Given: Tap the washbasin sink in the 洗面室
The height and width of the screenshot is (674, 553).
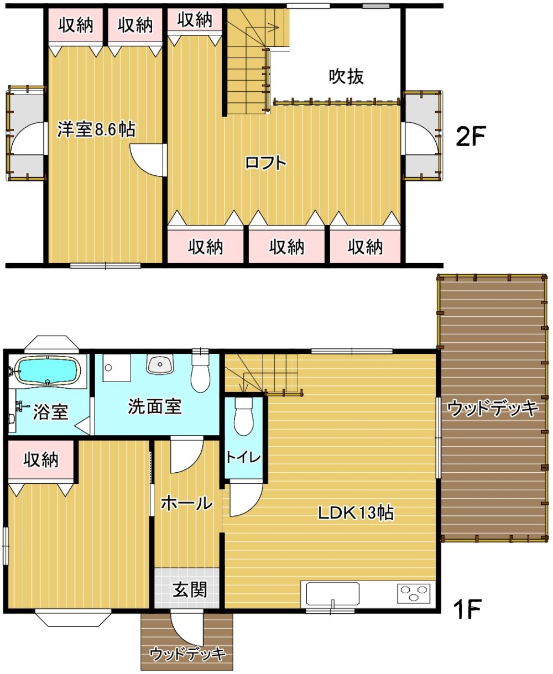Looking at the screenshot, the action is tap(160, 364).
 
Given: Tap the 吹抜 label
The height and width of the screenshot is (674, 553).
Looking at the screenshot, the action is tap(346, 77).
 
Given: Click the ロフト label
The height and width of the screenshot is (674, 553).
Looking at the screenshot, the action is tap(265, 163).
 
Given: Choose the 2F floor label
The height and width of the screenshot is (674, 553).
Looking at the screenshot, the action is tap(470, 137).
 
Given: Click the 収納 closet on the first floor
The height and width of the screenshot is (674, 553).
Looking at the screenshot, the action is tap(41, 460).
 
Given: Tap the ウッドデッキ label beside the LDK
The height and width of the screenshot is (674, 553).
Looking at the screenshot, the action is tap(493, 409).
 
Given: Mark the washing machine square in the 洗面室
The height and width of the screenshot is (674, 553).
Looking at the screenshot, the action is tap(117, 368).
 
